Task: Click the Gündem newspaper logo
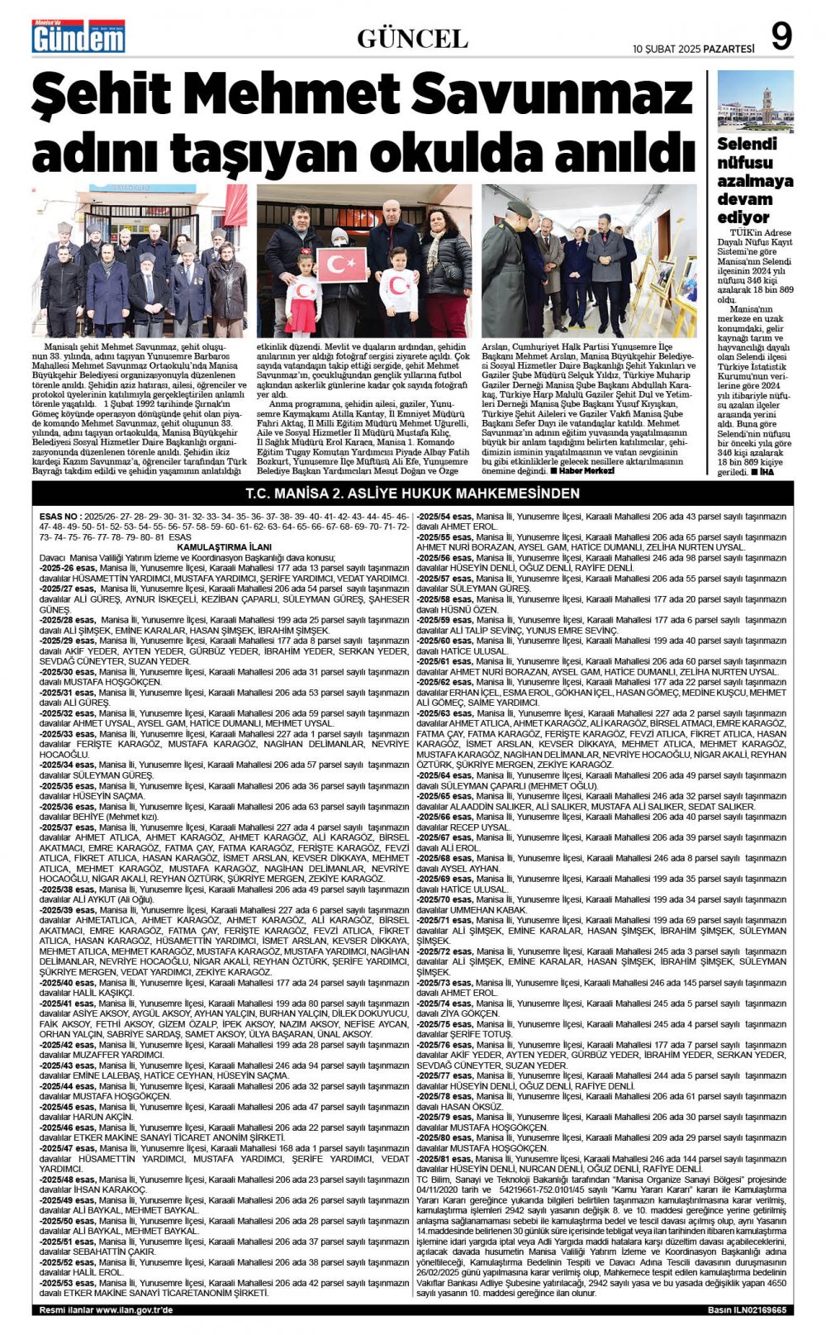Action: pos(78,36)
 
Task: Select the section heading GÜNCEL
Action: pos(412,38)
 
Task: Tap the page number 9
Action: pos(781,36)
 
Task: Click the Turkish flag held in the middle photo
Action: pos(342,265)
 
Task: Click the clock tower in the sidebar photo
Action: pos(767,104)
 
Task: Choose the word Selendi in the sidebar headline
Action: pos(747,144)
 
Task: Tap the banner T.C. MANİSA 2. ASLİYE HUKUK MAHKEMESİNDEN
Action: pos(412,493)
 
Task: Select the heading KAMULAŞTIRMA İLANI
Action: pos(224,547)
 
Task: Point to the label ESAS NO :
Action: pos(59,516)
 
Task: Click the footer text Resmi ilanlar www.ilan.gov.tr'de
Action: pos(107,1310)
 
